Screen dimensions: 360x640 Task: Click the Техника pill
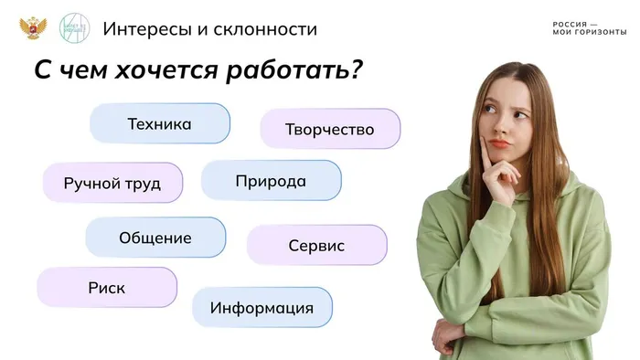[160, 123]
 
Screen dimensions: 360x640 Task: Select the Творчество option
[330, 129]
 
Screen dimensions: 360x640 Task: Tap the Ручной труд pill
[112, 183]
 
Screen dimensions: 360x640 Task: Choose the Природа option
[271, 181]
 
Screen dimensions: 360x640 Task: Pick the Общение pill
[155, 238]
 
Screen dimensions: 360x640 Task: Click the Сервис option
[316, 245]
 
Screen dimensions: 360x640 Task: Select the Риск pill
[107, 288]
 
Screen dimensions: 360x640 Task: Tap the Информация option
[261, 308]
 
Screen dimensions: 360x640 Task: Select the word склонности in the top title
[266, 29]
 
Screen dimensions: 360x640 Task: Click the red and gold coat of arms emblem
[32, 27]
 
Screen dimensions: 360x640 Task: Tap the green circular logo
[74, 27]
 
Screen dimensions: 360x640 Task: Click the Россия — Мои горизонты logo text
[589, 28]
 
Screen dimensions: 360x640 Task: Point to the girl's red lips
[498, 143]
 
